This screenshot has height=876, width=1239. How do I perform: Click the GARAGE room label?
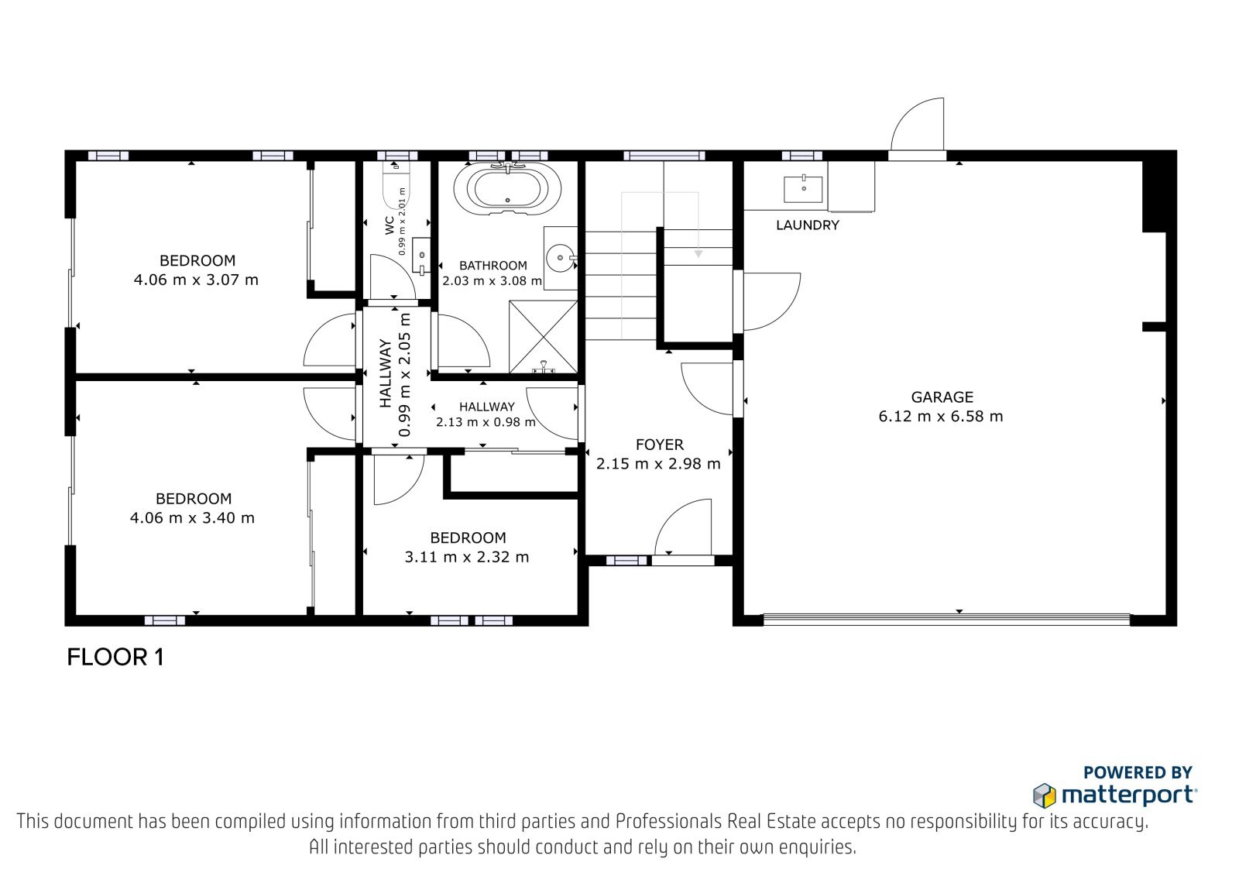coord(942,397)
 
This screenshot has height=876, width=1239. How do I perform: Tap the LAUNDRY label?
coord(808,225)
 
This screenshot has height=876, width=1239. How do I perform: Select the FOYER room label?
coord(659,445)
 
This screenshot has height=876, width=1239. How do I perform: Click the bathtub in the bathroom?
coord(507,187)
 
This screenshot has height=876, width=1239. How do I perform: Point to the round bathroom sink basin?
coord(560,257)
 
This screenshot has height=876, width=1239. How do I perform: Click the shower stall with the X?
coord(543,336)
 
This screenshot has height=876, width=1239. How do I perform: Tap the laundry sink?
coord(803,189)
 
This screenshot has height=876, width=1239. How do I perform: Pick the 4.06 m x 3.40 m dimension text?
coord(192,518)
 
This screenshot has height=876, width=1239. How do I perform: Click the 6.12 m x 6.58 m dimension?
coord(941,416)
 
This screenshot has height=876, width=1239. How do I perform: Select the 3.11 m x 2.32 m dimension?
coord(467,557)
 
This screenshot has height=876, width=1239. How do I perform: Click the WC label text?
coord(390,225)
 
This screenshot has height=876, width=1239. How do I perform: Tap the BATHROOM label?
coord(493,266)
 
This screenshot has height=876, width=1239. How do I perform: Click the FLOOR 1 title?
coord(115,658)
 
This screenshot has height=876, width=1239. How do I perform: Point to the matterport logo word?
coord(1128,795)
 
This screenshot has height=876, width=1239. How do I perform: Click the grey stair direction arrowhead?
coord(698,254)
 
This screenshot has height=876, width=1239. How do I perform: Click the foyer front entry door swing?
coord(683,526)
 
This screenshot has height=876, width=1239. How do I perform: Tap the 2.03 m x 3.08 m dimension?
coord(492,280)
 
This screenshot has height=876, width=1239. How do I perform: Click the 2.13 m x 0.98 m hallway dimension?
coord(486,422)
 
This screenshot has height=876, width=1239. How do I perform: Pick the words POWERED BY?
coord(1138,772)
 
